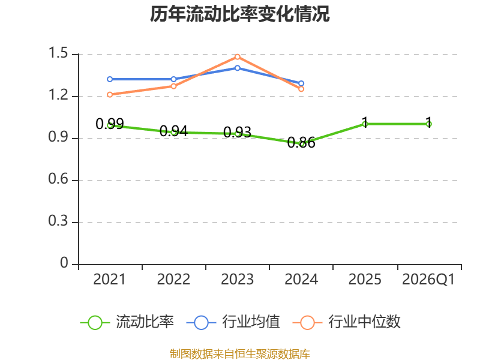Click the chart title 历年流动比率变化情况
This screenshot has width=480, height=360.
(x=239, y=14)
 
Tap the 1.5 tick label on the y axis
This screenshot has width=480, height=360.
(x=58, y=53)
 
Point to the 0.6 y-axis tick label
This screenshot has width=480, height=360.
(x=58, y=179)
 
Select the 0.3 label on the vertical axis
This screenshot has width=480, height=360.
(x=58, y=221)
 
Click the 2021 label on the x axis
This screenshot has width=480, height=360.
(x=109, y=279)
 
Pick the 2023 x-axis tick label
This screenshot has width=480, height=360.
(x=237, y=279)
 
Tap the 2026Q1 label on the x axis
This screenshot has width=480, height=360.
(x=428, y=279)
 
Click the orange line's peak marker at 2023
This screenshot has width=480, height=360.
(x=238, y=57)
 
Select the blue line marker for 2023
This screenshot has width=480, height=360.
(x=238, y=68)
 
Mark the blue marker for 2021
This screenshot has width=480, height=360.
(x=110, y=79)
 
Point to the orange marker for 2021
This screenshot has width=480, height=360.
(x=110, y=95)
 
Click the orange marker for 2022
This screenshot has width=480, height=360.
(x=173, y=86)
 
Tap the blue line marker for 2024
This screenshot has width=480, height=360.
(x=301, y=83)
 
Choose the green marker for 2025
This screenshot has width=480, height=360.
(x=365, y=124)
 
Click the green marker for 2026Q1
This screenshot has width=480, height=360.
(x=429, y=124)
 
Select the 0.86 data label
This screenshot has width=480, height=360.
(x=301, y=143)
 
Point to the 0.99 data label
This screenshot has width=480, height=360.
(x=110, y=124)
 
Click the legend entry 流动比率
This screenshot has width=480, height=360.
(x=127, y=322)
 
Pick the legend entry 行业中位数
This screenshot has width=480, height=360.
(x=346, y=322)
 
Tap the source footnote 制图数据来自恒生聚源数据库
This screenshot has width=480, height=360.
(x=240, y=354)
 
